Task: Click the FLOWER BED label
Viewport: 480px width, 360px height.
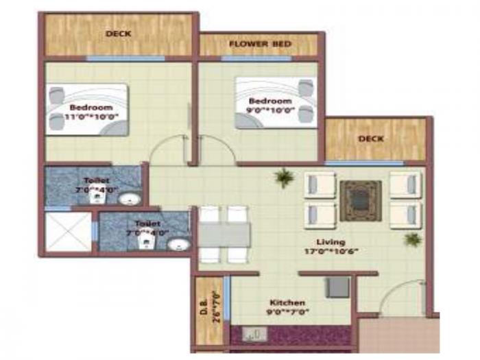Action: [x=260, y=45]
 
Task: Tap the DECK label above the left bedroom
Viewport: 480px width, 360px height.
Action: [x=118, y=34]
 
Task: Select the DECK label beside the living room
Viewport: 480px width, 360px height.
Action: [x=371, y=139]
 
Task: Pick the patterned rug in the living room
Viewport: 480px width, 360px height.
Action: [x=361, y=200]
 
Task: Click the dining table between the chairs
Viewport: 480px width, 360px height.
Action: [x=224, y=235]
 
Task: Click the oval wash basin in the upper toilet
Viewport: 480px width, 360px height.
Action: [x=128, y=200]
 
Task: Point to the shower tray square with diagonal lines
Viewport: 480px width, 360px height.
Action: [x=68, y=232]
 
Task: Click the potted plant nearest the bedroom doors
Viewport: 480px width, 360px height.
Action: [x=283, y=178]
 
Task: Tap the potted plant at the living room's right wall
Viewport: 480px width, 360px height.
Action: [x=412, y=239]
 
